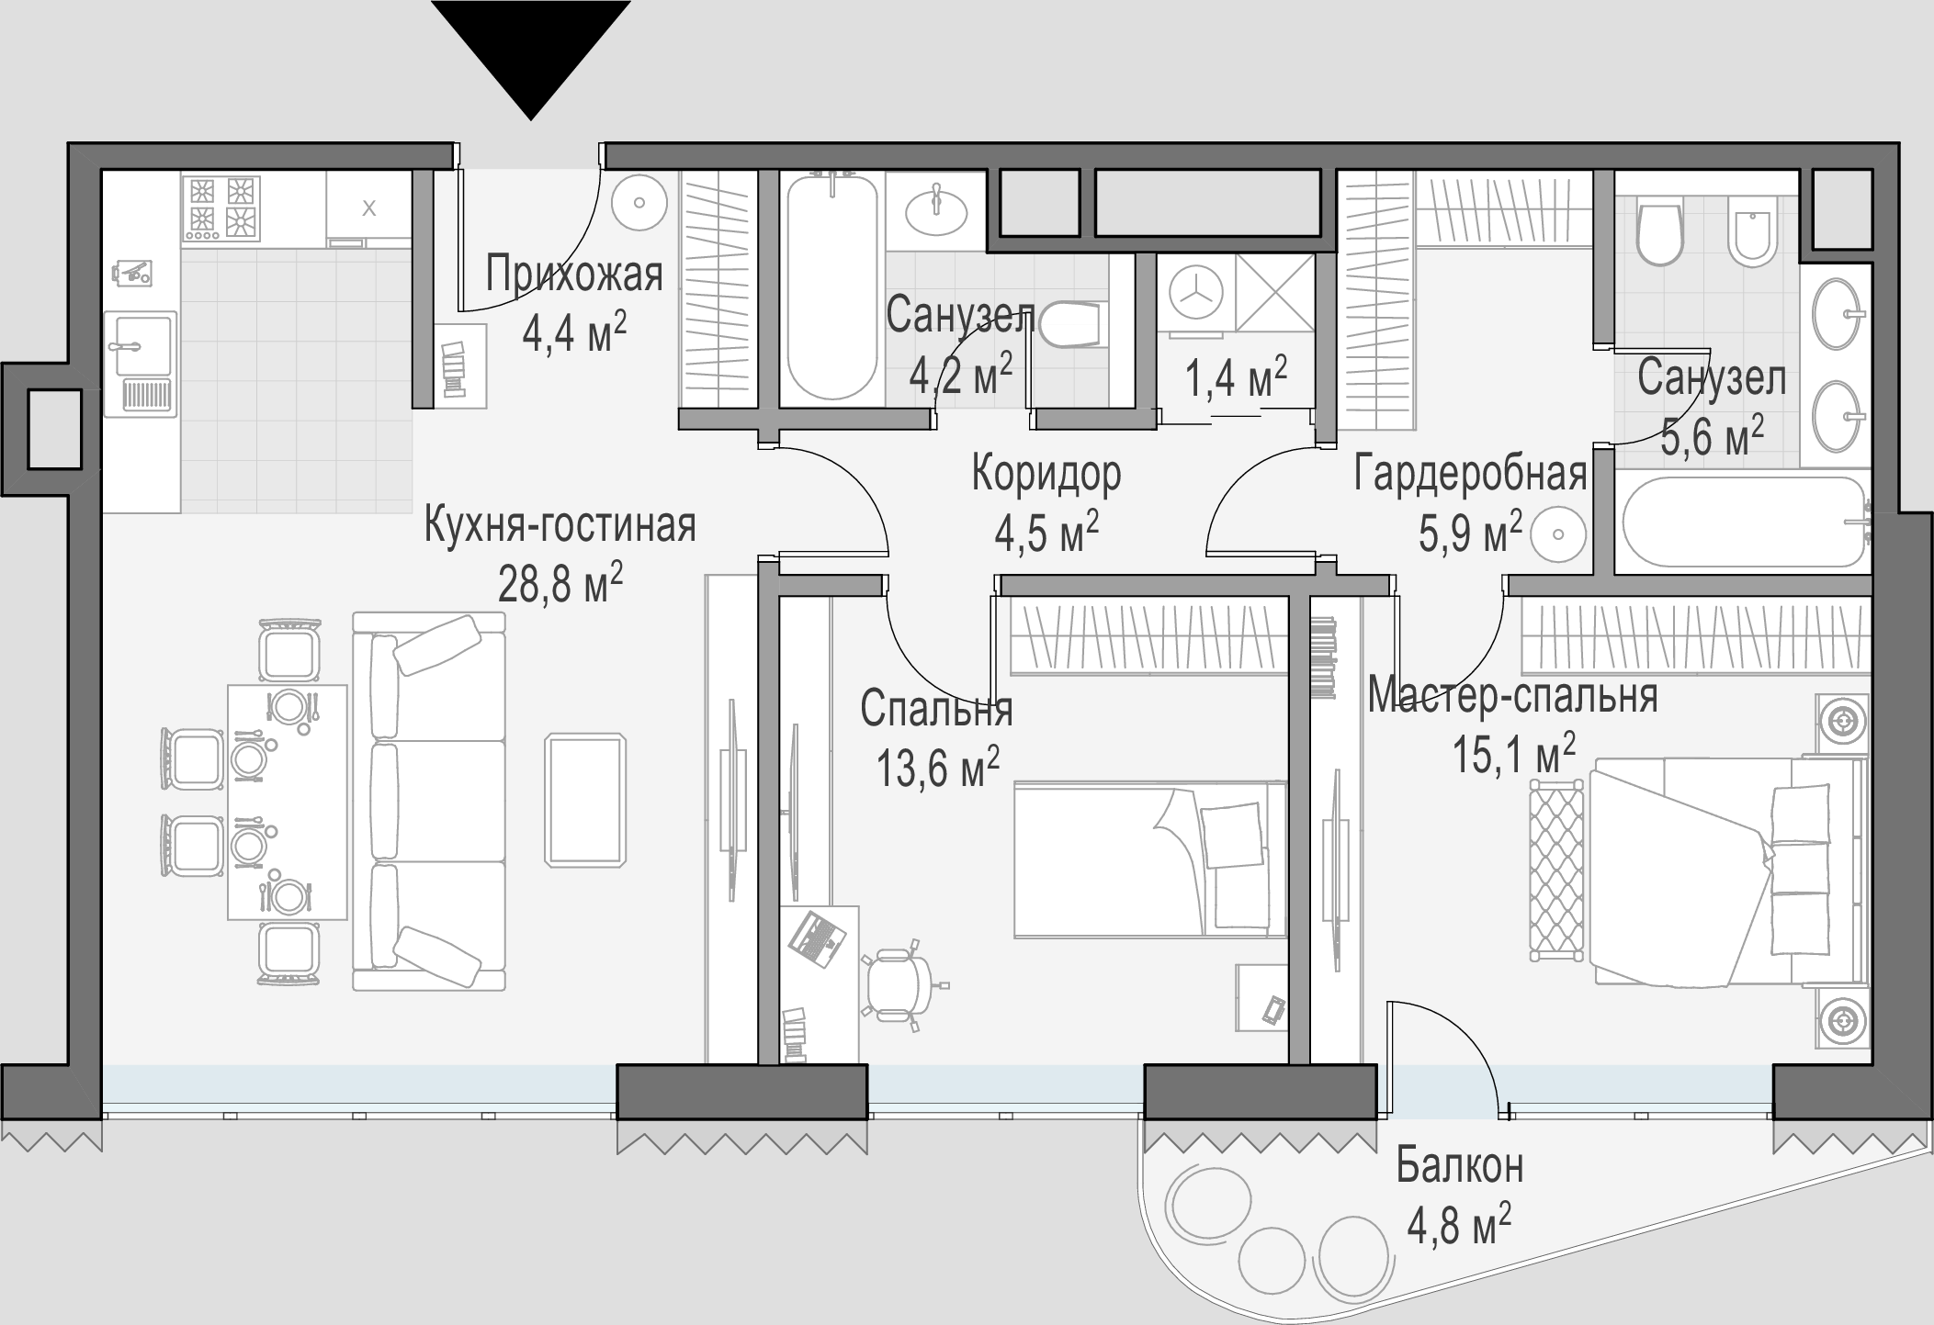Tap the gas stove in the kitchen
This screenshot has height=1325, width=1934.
pyautogui.click(x=221, y=208)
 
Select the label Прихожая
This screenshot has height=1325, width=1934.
pyautogui.click(x=574, y=274)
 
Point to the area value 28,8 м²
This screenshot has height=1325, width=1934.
pyautogui.click(x=560, y=582)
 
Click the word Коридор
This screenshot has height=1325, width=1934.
pyautogui.click(x=1046, y=475)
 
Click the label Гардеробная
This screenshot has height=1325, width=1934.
pyautogui.click(x=1471, y=475)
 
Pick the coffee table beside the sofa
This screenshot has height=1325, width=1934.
pyautogui.click(x=585, y=799)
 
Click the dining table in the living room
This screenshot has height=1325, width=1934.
pyautogui.click(x=288, y=801)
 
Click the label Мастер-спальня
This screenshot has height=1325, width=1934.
pyautogui.click(x=1512, y=696)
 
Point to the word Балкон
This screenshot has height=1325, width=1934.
pyautogui.click(x=1460, y=1166)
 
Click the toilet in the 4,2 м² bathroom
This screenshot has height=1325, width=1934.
pyautogui.click(x=1068, y=323)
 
